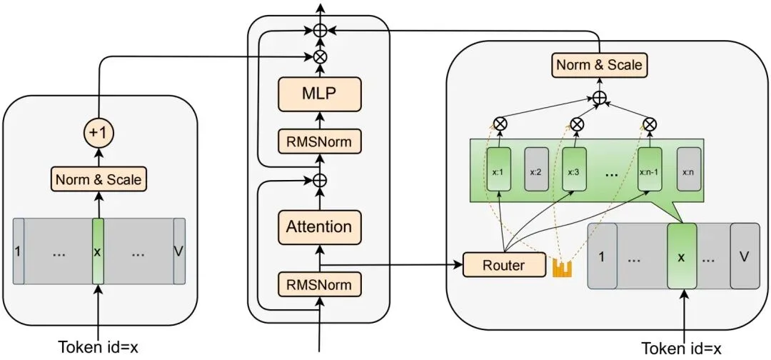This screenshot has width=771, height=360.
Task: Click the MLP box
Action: point(319,93)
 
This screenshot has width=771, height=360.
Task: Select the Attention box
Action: point(319,227)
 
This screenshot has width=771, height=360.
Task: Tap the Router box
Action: point(503,266)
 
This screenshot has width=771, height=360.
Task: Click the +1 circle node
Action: point(99,133)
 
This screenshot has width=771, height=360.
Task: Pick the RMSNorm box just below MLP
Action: point(319,141)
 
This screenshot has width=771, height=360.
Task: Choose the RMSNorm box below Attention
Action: point(319,285)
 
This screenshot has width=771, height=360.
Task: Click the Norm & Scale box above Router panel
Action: point(599,66)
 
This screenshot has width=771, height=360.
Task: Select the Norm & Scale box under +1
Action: point(99,179)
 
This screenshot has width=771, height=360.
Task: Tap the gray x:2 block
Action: point(537,171)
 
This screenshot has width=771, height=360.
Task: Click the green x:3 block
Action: point(573,171)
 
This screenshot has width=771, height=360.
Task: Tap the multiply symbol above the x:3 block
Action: point(577,124)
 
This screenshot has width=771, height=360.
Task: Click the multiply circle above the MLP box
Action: point(319,55)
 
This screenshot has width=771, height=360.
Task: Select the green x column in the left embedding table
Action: point(99,251)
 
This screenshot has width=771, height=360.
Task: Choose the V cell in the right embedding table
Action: point(744,256)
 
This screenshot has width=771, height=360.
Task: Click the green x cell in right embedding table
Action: point(681,256)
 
